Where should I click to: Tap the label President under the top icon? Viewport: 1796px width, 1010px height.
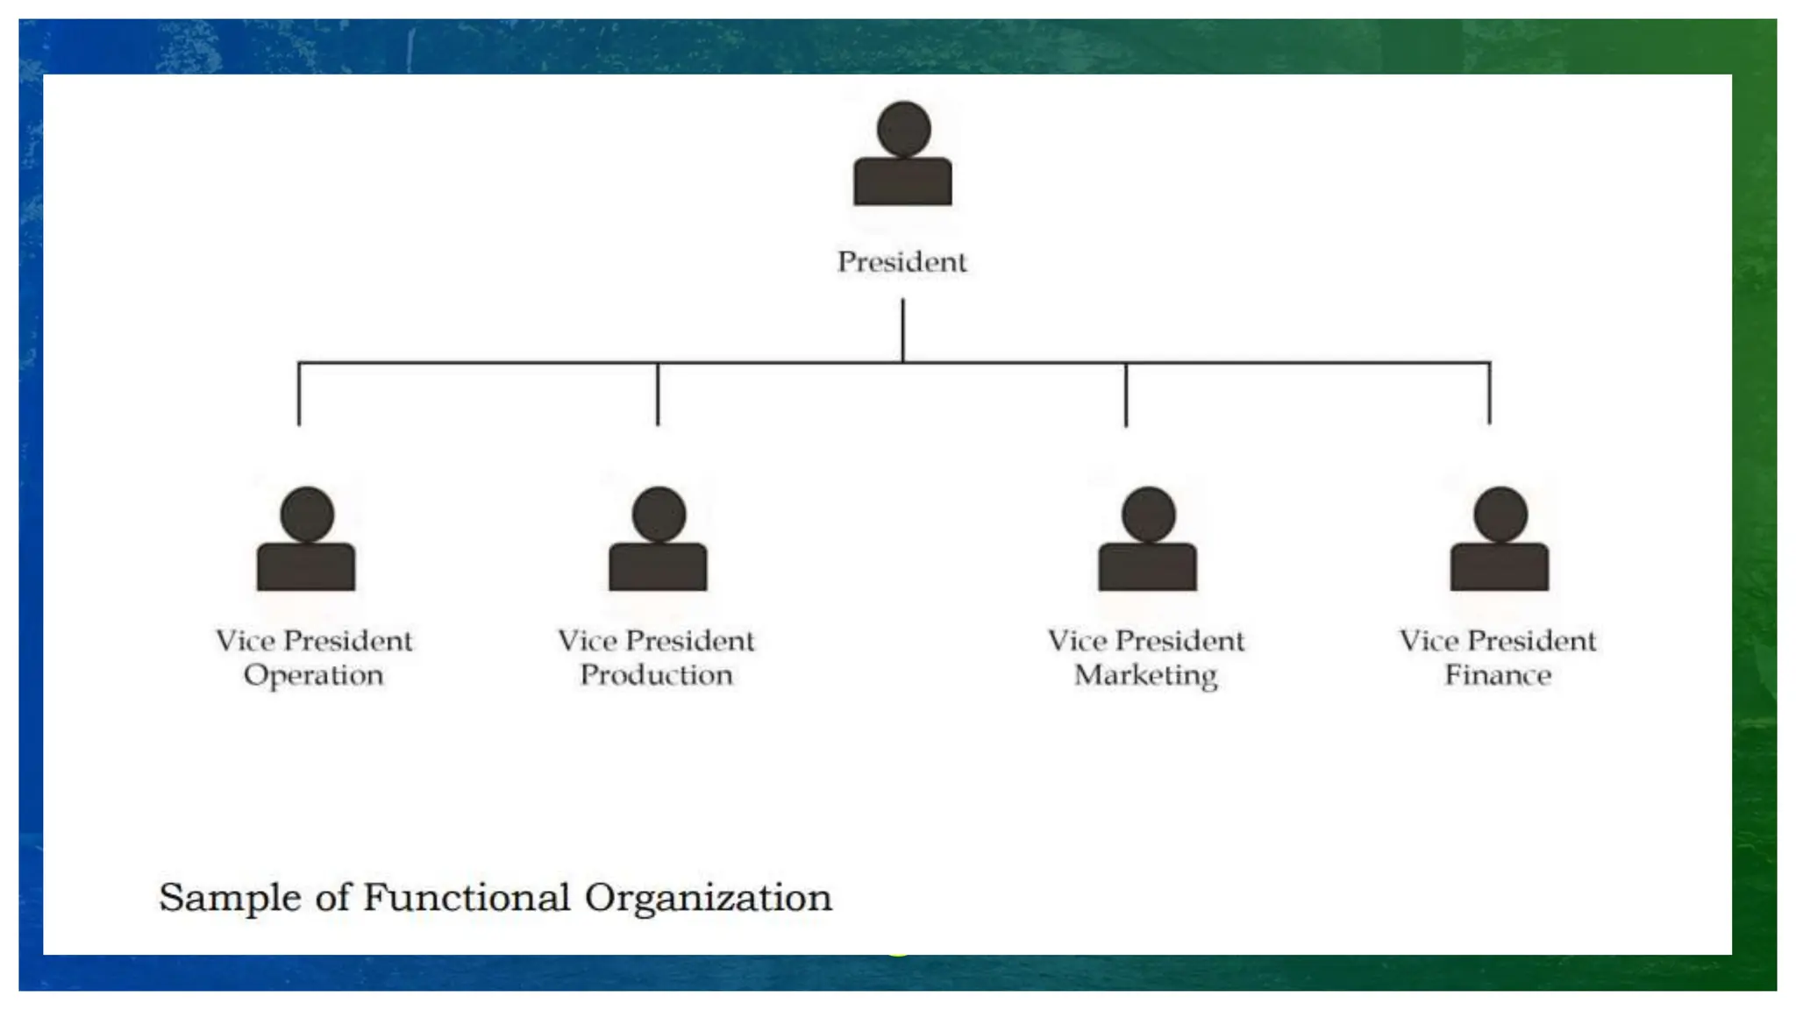point(902,261)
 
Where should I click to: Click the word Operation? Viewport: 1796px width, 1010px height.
point(313,676)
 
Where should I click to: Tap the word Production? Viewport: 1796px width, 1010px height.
point(656,675)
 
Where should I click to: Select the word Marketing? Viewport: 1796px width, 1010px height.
point(1145,676)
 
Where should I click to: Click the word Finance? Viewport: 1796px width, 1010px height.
point(1498,675)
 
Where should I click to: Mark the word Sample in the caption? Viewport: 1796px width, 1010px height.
point(230,898)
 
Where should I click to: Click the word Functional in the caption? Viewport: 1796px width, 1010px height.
point(467,898)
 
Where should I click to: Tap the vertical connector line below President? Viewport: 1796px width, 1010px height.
point(902,329)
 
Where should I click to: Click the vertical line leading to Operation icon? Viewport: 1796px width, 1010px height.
point(299,395)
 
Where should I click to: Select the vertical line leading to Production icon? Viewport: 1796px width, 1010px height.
point(658,395)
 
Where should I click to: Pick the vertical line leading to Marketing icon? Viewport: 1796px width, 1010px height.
point(1126,395)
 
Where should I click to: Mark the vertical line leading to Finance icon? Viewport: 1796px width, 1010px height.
point(1489,395)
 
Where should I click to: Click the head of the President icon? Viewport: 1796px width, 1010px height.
point(903,128)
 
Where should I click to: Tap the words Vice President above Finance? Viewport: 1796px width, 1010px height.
point(1498,641)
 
